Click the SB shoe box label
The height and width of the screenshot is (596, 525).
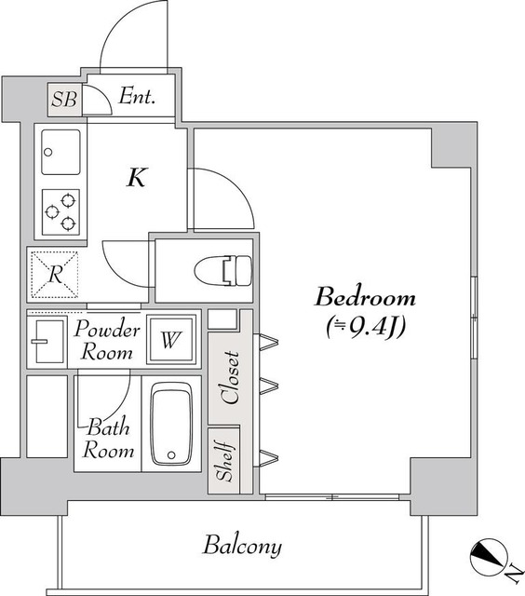pos(64,100)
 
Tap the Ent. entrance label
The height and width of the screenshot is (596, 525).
pos(137,96)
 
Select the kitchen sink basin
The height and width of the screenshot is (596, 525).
pos(61,152)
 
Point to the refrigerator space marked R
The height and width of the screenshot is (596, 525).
pos(55,274)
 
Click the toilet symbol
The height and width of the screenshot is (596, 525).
pos(223,271)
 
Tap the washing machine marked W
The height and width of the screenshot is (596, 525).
pos(170,339)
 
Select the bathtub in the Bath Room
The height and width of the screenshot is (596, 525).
pos(171,424)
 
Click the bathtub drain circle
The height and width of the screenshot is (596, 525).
pos(171,454)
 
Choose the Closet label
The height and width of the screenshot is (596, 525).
pos(231,377)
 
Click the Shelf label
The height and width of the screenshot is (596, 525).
pos(223,461)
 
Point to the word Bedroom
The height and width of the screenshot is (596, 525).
pos(365,298)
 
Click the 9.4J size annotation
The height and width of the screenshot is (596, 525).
pos(366,327)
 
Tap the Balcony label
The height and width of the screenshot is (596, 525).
pos(242,547)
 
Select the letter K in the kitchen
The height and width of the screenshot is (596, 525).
pos(137,177)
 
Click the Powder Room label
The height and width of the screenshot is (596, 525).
pos(107,341)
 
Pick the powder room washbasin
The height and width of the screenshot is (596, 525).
pos(49,342)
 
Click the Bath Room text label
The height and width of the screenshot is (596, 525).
pos(108,439)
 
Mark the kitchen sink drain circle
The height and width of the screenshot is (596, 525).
pos(47,153)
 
